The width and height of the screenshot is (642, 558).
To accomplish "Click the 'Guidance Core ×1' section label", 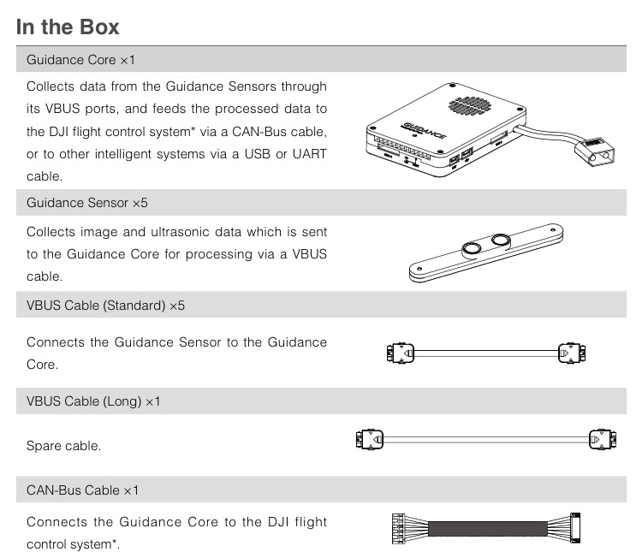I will click(81, 61).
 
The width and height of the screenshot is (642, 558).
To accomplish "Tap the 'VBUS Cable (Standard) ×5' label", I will click(105, 306).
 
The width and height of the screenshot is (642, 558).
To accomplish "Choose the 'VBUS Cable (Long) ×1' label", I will click(93, 401).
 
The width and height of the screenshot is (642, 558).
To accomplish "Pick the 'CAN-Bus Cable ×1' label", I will click(82, 490).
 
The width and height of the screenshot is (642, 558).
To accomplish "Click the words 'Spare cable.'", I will click(63, 446).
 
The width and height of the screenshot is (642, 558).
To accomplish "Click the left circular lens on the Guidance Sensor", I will click(472, 250).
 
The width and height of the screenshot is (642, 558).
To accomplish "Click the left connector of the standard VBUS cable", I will click(400, 352).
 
